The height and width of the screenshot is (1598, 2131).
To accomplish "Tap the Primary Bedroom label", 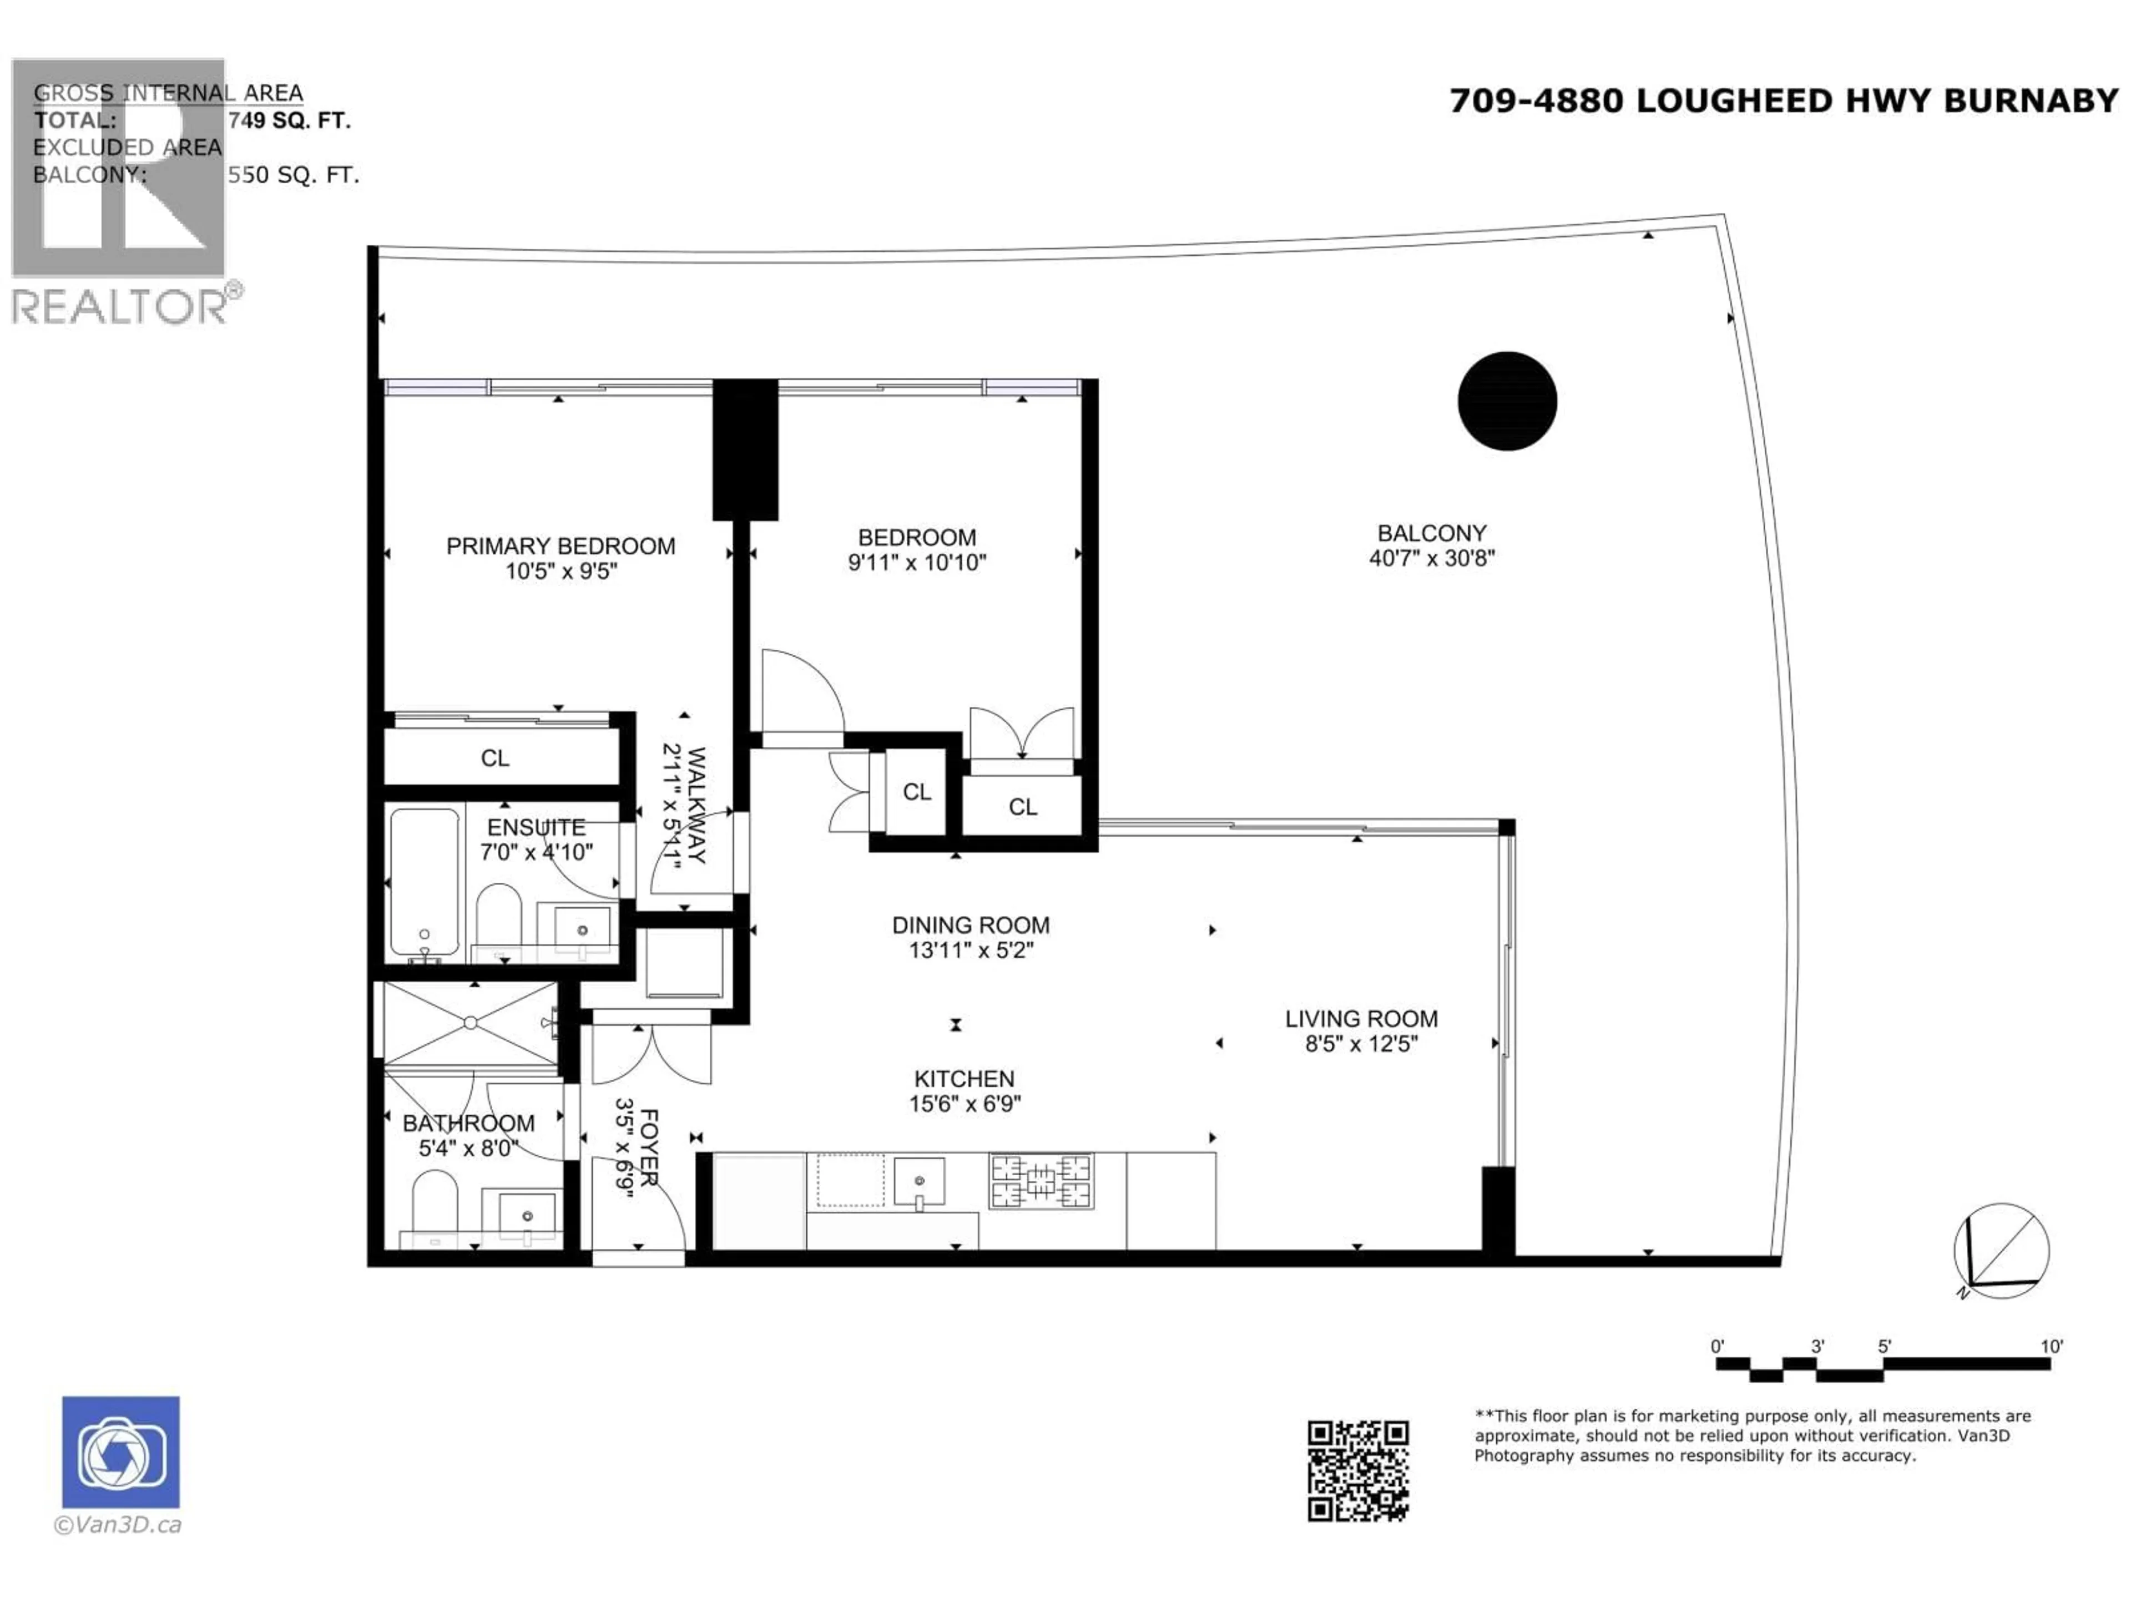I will [x=560, y=546].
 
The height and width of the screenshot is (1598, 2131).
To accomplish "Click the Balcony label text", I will [x=1432, y=533].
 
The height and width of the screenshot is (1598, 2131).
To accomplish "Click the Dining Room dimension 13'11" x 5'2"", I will [x=970, y=950].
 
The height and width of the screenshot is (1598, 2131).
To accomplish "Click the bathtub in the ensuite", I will [x=424, y=881].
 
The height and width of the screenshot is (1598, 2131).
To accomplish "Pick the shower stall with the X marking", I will [x=469, y=1023].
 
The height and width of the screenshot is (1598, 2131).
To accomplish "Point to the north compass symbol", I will [x=2001, y=1250].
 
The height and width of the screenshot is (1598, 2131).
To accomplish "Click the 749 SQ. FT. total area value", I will [x=289, y=120].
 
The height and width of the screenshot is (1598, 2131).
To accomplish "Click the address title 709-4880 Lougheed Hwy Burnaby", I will [x=1784, y=101].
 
